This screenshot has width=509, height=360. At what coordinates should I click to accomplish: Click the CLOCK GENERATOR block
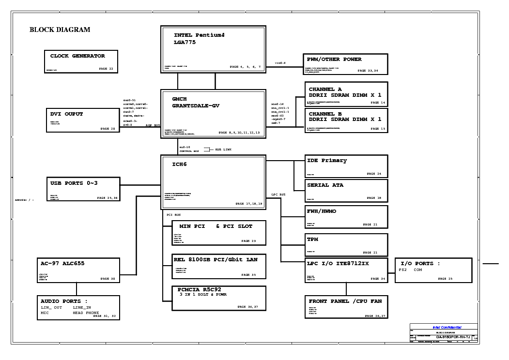pos(81,61)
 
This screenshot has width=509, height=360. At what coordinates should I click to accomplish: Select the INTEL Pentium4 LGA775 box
pos(213,49)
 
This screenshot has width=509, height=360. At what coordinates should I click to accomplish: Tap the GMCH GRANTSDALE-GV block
pos(213,114)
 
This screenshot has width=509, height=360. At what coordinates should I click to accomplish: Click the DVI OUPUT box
pos(82,120)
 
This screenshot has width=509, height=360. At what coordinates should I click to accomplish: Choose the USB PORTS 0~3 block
pos(82,189)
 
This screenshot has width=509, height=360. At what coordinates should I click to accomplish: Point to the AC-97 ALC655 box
pos(78,270)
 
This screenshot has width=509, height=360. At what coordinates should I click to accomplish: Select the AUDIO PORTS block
pos(78,308)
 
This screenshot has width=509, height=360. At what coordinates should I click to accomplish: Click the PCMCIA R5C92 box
pos(219,298)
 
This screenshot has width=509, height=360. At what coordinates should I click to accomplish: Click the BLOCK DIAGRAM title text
pos(60,30)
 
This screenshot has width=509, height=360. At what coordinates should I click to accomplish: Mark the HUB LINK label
pos(223,150)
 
